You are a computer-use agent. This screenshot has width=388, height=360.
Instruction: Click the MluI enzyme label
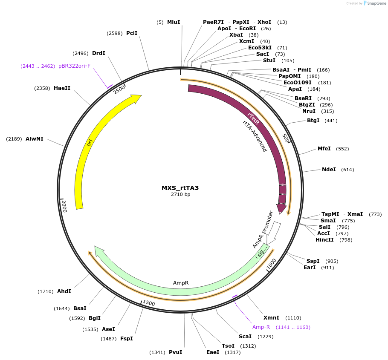click(174, 22)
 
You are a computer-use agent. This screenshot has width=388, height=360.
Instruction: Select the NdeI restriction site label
click(329, 170)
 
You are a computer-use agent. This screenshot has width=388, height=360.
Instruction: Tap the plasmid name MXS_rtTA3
click(180, 187)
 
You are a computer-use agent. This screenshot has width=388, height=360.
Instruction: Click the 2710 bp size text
click(180, 194)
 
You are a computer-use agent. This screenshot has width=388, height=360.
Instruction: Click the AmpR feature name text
click(181, 282)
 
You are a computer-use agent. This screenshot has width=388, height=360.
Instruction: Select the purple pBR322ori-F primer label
click(75, 66)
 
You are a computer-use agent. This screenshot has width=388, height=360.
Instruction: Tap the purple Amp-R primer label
click(261, 327)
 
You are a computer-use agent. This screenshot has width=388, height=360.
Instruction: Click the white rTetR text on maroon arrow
click(253, 119)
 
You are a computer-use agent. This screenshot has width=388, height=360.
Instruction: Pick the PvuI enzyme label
click(175, 352)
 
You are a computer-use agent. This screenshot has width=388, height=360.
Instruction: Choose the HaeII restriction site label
click(62, 88)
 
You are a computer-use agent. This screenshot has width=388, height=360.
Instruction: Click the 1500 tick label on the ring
click(148, 303)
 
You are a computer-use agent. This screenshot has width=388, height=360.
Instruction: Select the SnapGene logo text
click(376, 3)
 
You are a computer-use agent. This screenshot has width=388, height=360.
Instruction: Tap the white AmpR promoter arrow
click(275, 230)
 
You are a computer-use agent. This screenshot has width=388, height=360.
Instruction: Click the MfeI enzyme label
click(324, 149)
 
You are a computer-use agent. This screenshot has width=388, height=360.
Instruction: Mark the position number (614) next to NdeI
click(347, 170)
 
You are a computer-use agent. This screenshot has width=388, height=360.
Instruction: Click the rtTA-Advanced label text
click(255, 136)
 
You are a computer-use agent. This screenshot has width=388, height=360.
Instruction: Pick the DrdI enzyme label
click(98, 53)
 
